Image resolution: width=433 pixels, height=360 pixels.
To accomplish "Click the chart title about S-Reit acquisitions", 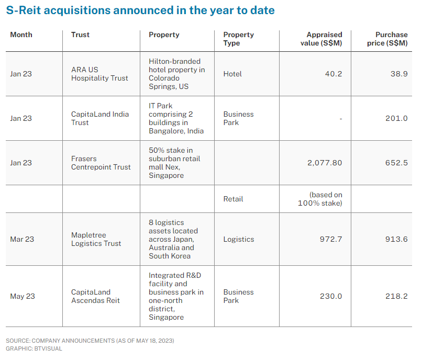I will [x=140, y=10].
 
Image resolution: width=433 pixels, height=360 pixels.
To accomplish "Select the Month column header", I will [x=21, y=35].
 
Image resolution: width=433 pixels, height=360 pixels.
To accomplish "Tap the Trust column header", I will [x=80, y=35].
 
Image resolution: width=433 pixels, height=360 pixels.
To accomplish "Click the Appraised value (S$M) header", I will [x=321, y=39].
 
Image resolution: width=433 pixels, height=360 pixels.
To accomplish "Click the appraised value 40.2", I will [x=333, y=74].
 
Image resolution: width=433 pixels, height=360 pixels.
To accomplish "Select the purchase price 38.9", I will [x=398, y=74].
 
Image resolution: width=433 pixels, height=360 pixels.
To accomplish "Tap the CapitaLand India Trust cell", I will [x=100, y=118].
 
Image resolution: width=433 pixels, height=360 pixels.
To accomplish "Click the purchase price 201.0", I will [x=396, y=118].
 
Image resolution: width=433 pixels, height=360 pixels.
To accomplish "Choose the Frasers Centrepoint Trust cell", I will [x=101, y=163].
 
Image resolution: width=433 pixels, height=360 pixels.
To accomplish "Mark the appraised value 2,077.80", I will [x=325, y=163].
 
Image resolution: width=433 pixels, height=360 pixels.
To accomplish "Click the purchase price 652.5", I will [x=396, y=163].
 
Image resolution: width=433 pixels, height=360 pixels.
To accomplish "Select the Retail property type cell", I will [x=233, y=199].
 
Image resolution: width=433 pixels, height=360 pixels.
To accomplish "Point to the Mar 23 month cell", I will [x=22, y=239].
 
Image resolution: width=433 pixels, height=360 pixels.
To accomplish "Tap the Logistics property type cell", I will [x=238, y=239].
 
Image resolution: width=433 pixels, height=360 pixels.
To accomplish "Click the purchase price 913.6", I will [x=396, y=239].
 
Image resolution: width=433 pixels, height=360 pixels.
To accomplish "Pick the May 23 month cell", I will [x=23, y=296].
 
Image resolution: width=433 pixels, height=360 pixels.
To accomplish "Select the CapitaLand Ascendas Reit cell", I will [x=96, y=296].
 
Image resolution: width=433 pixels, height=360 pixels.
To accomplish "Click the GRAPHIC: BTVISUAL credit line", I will [x=34, y=348].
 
